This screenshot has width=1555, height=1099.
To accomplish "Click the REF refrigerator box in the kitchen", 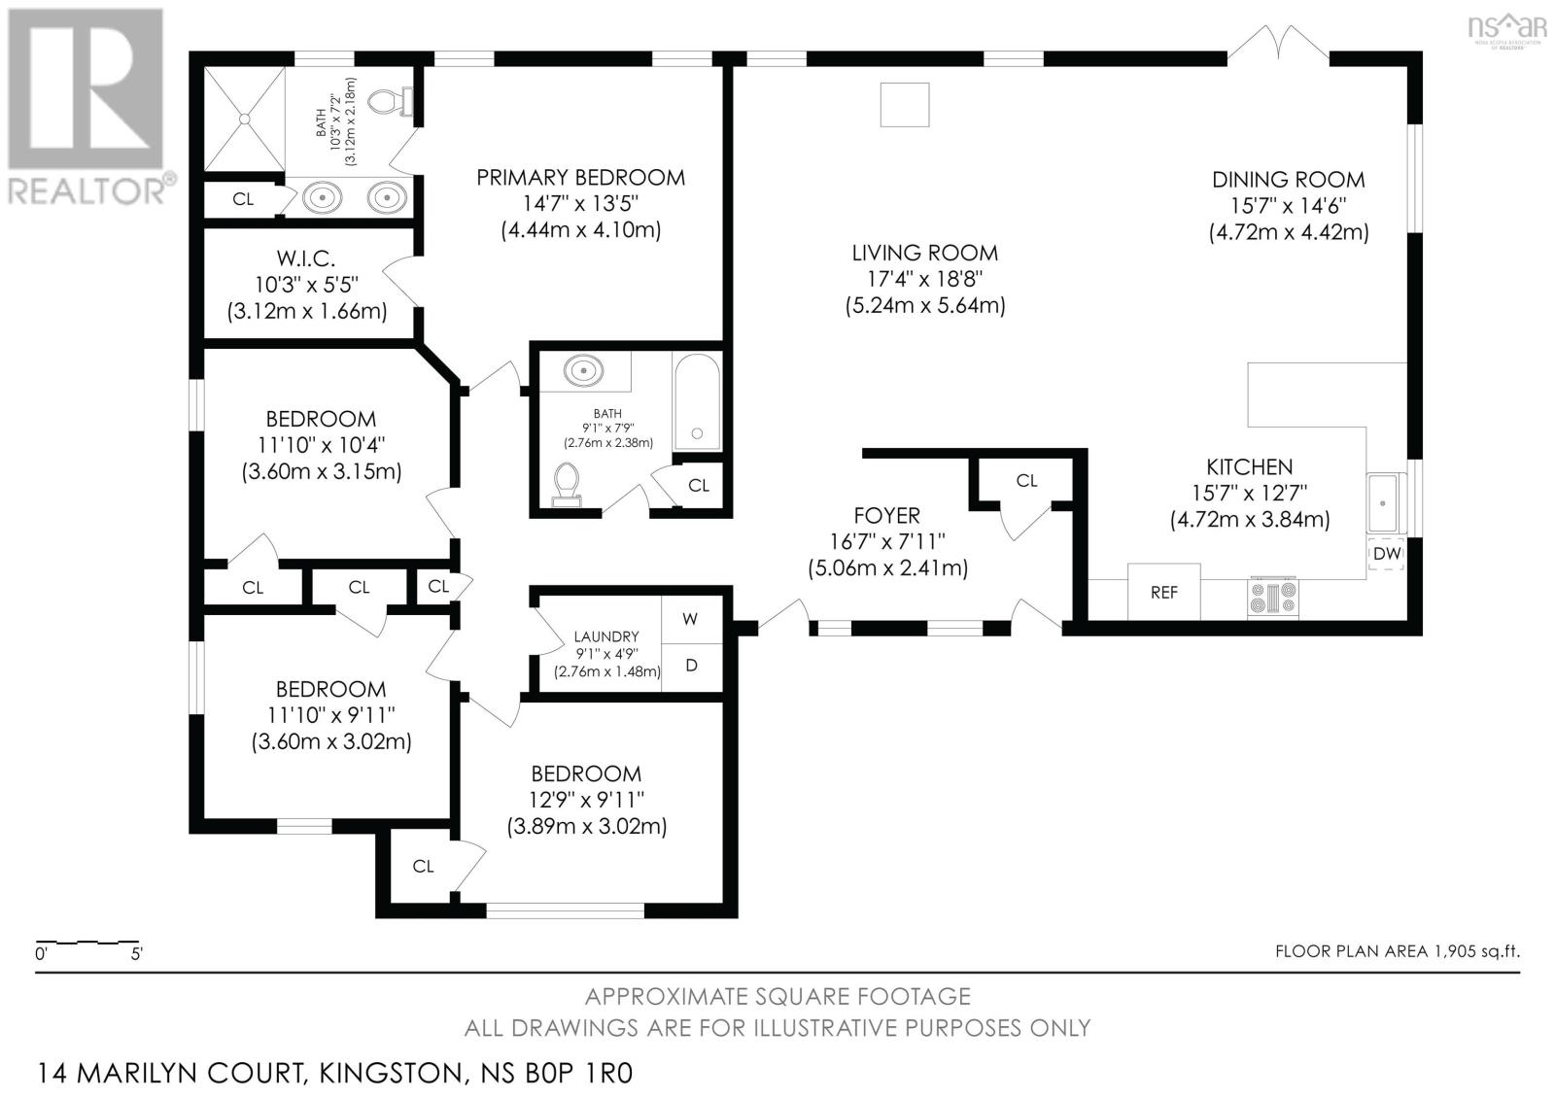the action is (1163, 592).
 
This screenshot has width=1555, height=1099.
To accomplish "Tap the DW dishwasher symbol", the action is (1386, 553).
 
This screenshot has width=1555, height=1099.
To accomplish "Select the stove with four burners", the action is (1273, 598).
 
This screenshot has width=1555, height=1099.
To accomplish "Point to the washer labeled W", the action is (691, 619).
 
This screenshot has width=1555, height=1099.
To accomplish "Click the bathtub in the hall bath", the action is (697, 402).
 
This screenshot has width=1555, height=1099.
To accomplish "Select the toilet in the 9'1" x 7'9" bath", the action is (568, 485).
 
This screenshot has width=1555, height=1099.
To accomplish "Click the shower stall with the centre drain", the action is (244, 119).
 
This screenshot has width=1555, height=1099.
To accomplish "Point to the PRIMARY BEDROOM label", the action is (580, 178).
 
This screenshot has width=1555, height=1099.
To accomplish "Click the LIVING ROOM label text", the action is (924, 253).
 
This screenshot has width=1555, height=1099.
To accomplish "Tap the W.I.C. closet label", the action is (305, 258).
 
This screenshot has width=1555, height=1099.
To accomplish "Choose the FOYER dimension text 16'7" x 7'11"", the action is (887, 541).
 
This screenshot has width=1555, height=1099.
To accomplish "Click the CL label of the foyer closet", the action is (1026, 480).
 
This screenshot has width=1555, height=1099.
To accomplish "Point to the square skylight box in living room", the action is (905, 104).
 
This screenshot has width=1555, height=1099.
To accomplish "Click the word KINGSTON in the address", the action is (390, 1074).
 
